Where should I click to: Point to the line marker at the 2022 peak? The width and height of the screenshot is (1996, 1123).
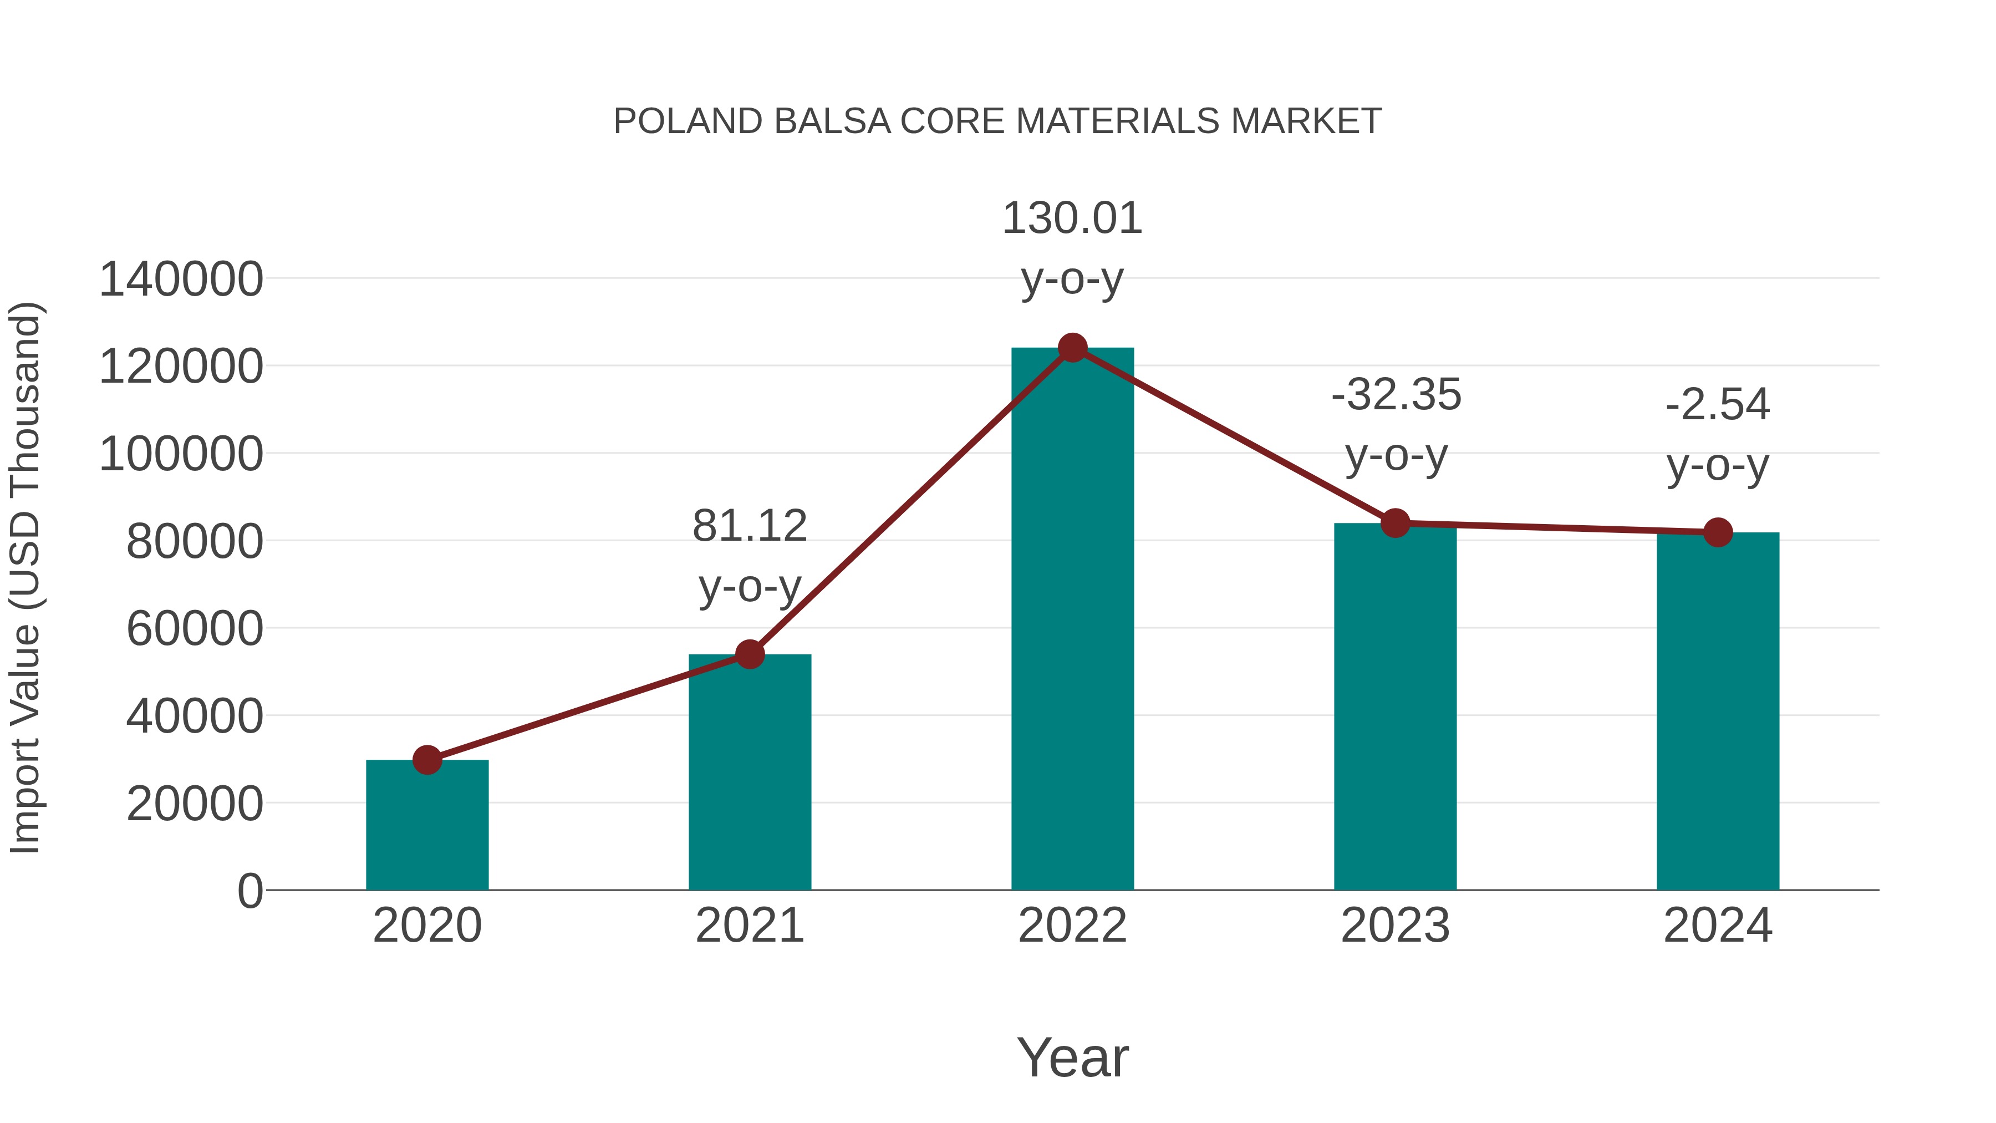coord(1072,348)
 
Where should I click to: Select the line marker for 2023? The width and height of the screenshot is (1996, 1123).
coord(1396,523)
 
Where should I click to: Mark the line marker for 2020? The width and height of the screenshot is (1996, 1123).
coord(427,760)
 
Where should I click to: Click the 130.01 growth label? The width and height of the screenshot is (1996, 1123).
coord(1072,218)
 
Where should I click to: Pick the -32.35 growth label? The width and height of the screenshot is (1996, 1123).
coord(1396,395)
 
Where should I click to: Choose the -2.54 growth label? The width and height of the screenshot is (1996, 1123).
coord(1718,405)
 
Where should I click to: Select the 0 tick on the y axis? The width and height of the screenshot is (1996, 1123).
coord(250,891)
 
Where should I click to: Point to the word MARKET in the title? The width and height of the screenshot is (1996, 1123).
coord(1306,121)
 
